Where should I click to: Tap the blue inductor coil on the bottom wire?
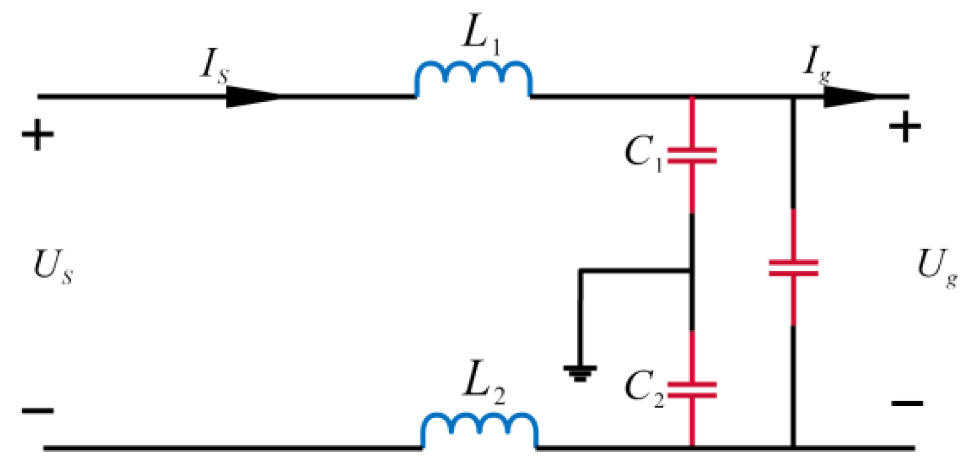[x=479, y=430]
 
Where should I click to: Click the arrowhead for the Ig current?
[x=850, y=96]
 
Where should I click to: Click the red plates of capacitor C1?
[x=692, y=155]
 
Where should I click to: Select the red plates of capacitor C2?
[x=692, y=390]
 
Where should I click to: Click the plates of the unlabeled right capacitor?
[x=793, y=268]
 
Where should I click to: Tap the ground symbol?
[x=579, y=373]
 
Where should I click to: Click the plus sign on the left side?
[x=38, y=134]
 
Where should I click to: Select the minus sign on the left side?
[x=38, y=410]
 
